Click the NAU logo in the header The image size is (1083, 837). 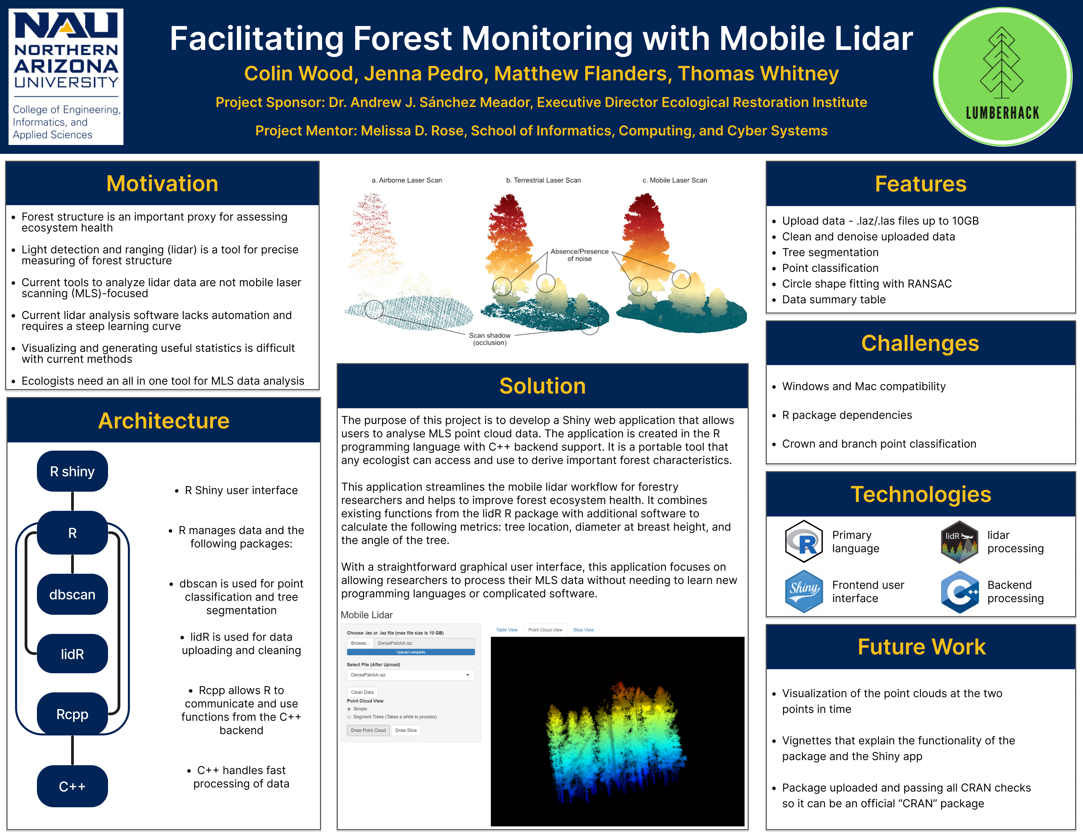66,76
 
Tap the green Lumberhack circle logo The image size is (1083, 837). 1002,76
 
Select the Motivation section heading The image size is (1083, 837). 162,184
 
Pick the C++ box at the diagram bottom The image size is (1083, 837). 72,786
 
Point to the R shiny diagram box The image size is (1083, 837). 72,471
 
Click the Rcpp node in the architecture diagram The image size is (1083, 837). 72,714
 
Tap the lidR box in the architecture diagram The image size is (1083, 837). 72,654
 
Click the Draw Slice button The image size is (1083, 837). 406,730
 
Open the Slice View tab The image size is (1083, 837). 584,630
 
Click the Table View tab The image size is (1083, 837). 507,630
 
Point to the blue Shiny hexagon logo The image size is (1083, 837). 804,591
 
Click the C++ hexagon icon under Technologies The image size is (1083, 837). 960,592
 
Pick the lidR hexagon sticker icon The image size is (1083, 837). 960,542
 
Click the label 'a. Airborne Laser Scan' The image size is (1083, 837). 406,180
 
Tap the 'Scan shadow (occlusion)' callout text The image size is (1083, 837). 490,339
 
